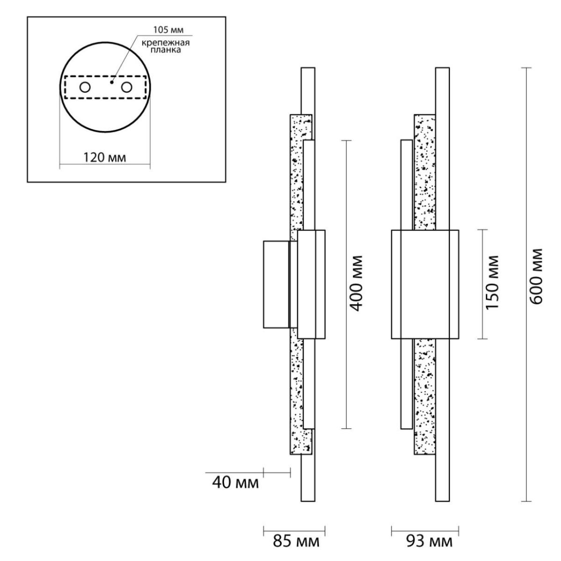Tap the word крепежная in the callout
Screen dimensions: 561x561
pos(165,43)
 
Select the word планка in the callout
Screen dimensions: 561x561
pos(165,50)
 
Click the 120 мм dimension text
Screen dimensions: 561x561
pos(105,158)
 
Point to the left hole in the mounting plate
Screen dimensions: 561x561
pos(85,87)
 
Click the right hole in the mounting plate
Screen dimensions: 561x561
pos(127,87)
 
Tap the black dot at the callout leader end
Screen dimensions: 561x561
pos(112,83)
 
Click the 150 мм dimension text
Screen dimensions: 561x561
pos(492,282)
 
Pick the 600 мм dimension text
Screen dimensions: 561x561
pos(536,277)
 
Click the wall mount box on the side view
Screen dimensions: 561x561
pos(276,284)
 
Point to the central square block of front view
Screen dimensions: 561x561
pos(425,284)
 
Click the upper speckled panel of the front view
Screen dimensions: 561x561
pos(425,172)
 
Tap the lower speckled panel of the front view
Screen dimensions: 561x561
pos(425,396)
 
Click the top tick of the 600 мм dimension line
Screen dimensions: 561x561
pos(526,68)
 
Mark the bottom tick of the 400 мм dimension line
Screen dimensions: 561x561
pos(346,429)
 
